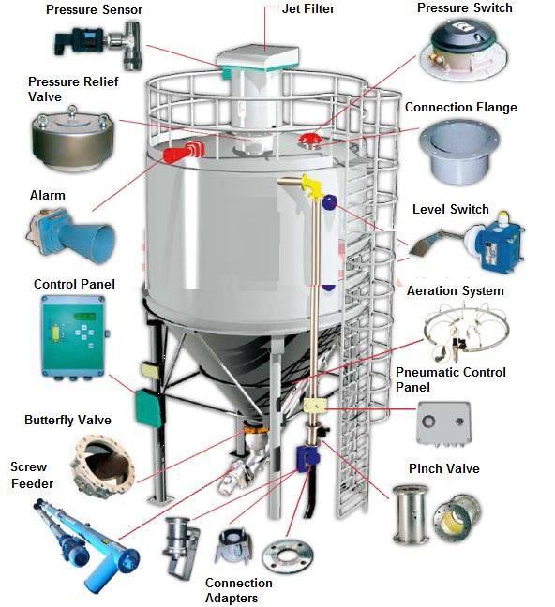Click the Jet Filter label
click(308, 8)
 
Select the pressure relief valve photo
click(74, 139)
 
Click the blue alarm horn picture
click(72, 234)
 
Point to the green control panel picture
click(74, 335)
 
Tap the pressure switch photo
click(463, 50)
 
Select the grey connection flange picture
click(459, 152)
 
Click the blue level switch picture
click(468, 244)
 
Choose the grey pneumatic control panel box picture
click(443, 423)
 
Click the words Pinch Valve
click(444, 468)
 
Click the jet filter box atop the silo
click(258, 59)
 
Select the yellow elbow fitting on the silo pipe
click(311, 186)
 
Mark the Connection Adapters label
click(238, 590)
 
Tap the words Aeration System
click(455, 290)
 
